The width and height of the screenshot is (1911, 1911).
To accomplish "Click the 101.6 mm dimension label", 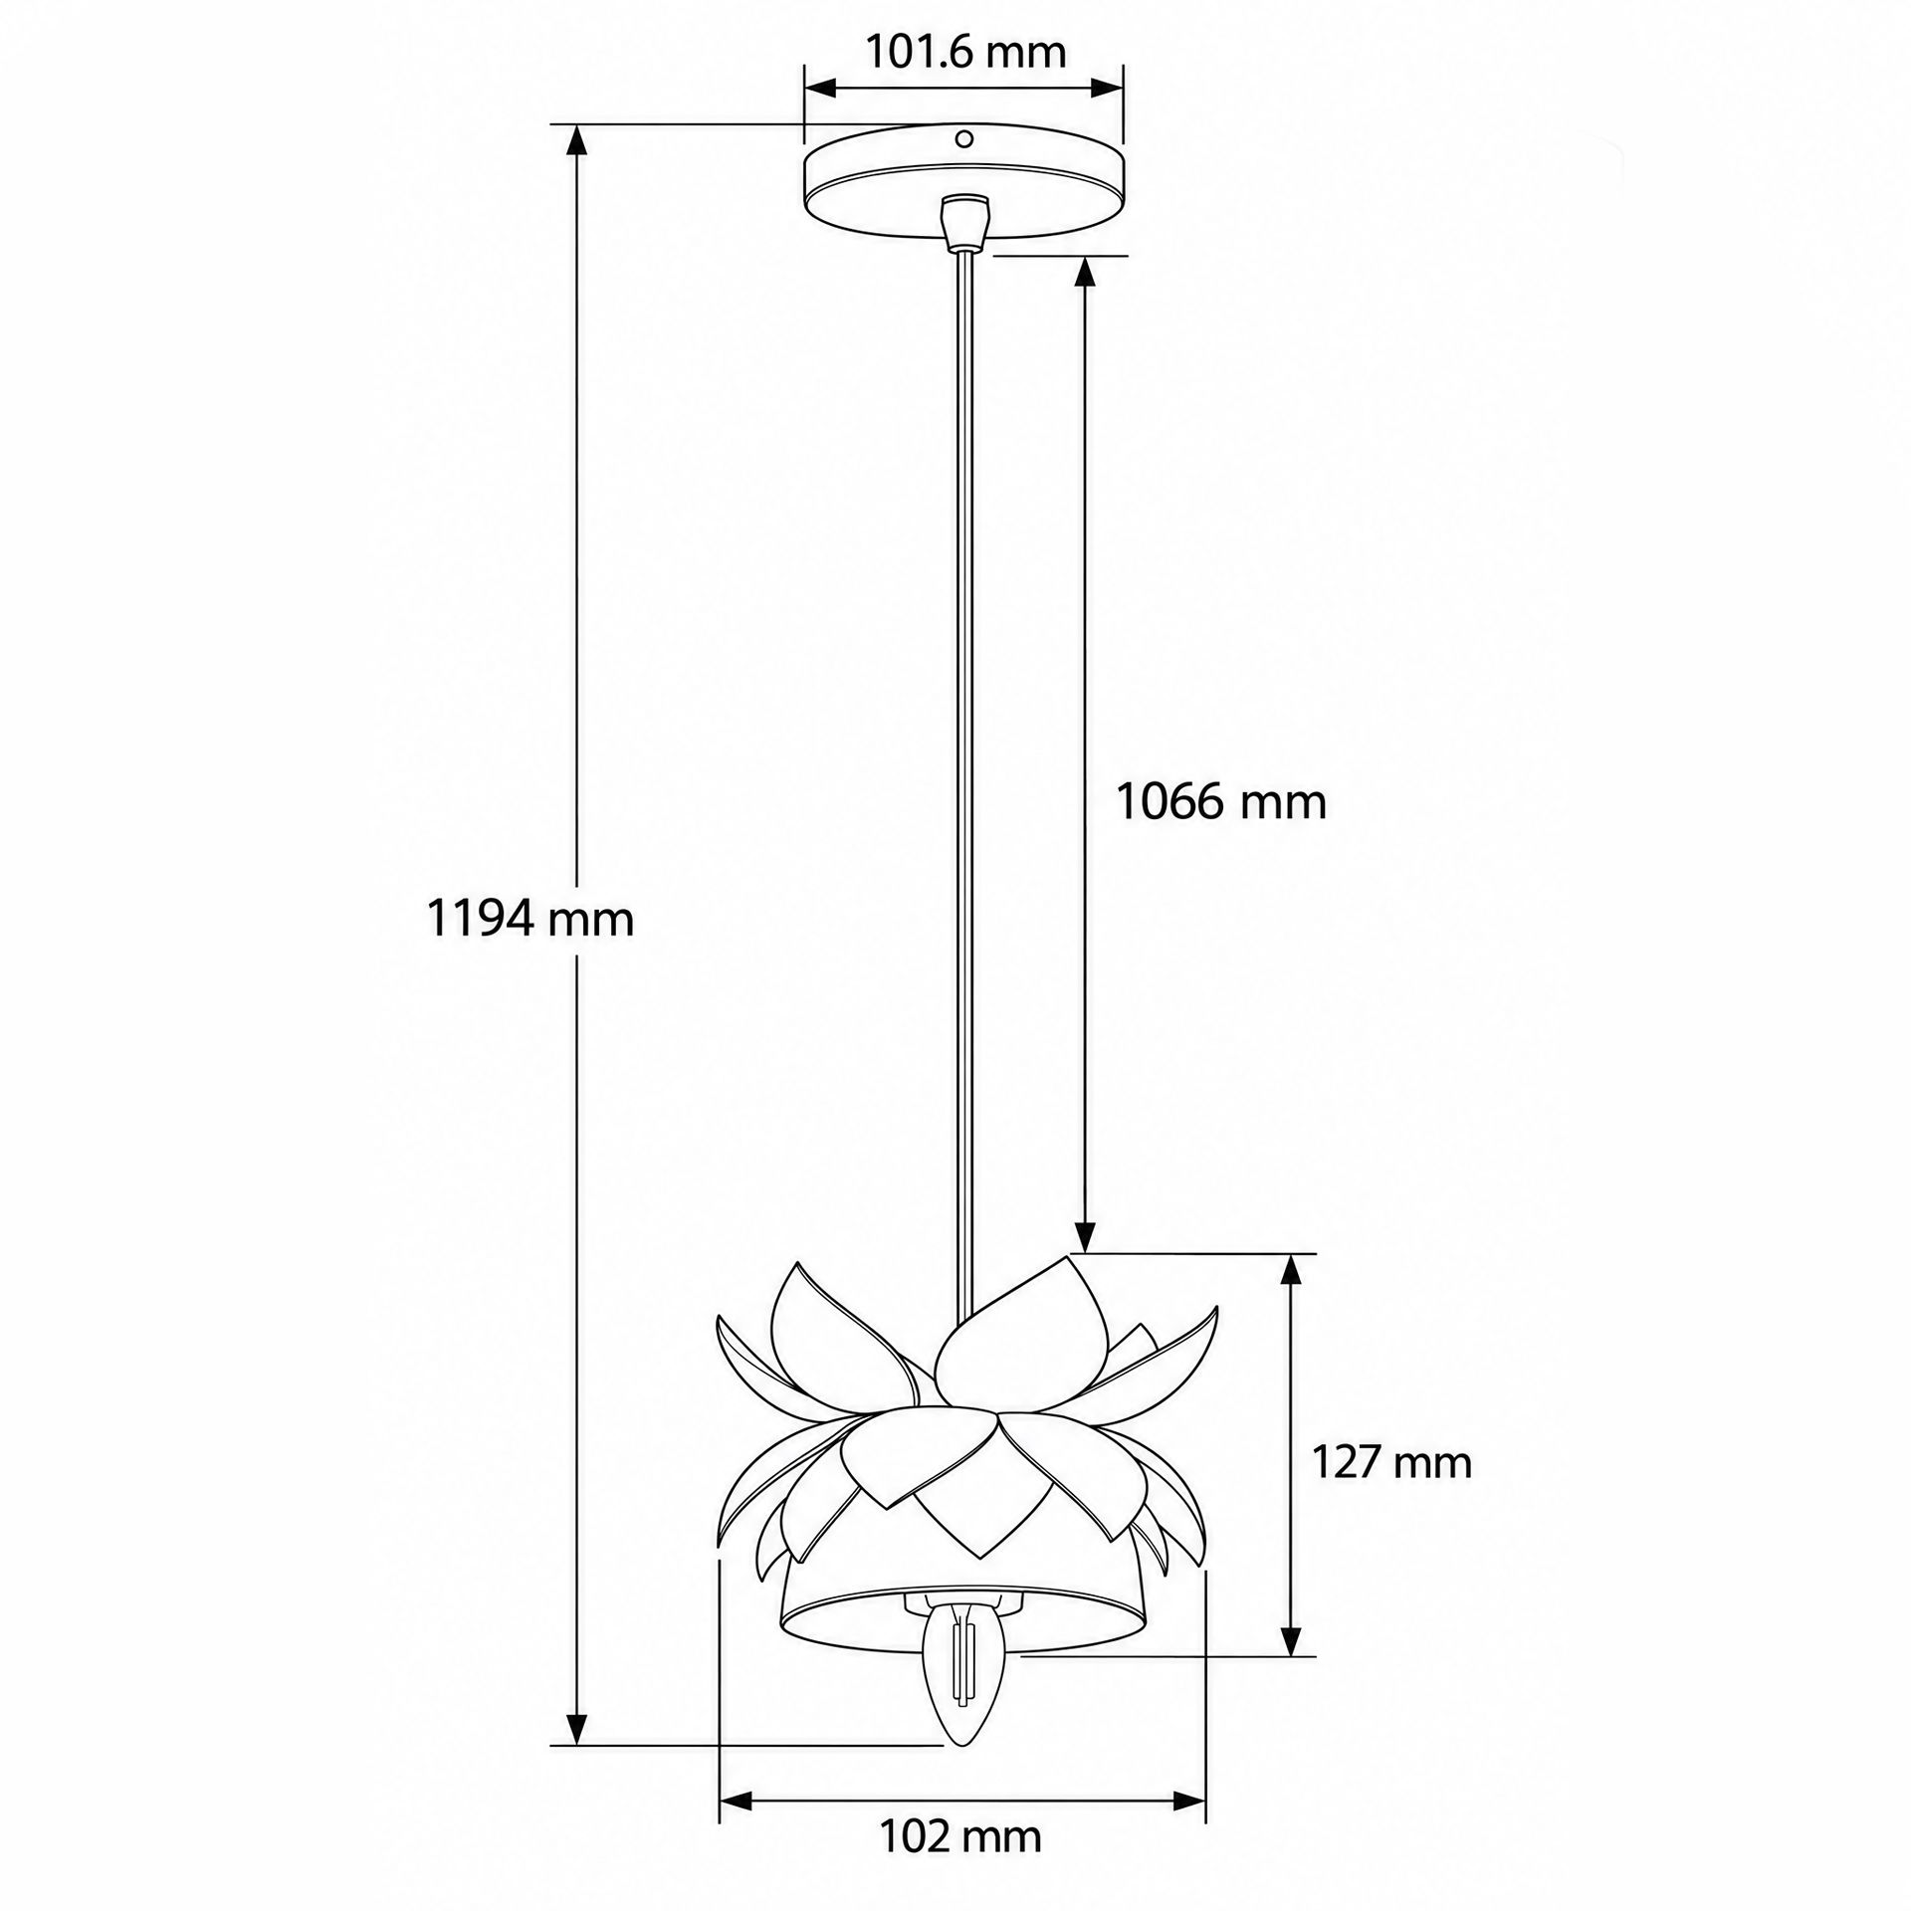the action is (x=964, y=52).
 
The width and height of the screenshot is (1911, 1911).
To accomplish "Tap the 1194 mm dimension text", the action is (x=530, y=919).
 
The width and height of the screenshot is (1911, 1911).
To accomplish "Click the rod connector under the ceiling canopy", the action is (x=963, y=224).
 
